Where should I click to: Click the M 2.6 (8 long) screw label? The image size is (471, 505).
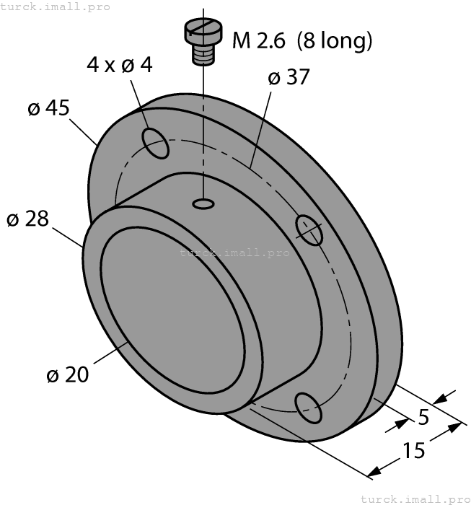[302, 40]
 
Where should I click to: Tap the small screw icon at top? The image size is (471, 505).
[203, 40]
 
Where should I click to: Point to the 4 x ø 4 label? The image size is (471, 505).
[120, 65]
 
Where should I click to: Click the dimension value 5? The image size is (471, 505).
[423, 417]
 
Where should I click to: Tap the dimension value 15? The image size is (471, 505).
[413, 451]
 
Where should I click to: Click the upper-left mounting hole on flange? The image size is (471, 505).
[157, 142]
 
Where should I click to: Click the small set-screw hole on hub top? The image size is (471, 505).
[203, 206]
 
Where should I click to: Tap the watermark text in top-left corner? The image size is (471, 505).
[56, 6]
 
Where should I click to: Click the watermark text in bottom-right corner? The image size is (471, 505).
[415, 499]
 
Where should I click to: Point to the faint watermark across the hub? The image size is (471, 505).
[234, 252]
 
